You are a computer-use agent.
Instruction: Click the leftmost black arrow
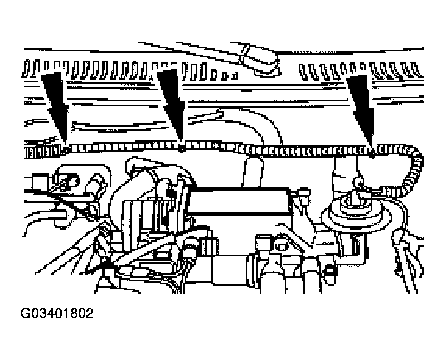point(55,108)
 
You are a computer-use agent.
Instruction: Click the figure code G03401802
point(57,313)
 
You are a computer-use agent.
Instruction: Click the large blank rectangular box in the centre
point(239,201)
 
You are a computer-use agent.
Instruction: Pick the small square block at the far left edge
point(40,182)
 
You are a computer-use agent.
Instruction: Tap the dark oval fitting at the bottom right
point(329,274)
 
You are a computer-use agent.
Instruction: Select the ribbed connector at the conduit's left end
point(43,150)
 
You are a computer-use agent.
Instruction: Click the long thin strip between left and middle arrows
point(119,127)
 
